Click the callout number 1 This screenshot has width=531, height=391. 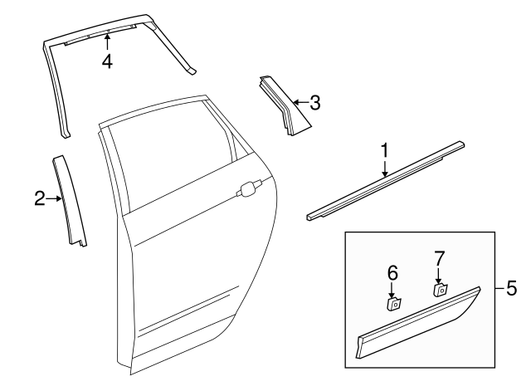384,150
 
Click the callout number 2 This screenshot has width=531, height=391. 39,198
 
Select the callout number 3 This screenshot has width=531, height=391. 314,103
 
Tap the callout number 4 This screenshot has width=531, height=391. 107,61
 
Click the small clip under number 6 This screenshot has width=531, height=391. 395,303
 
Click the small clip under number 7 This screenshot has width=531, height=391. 441,290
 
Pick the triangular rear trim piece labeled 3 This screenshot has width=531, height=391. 284,105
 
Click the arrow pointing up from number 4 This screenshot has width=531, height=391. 107,42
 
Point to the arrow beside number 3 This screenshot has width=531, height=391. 299,103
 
